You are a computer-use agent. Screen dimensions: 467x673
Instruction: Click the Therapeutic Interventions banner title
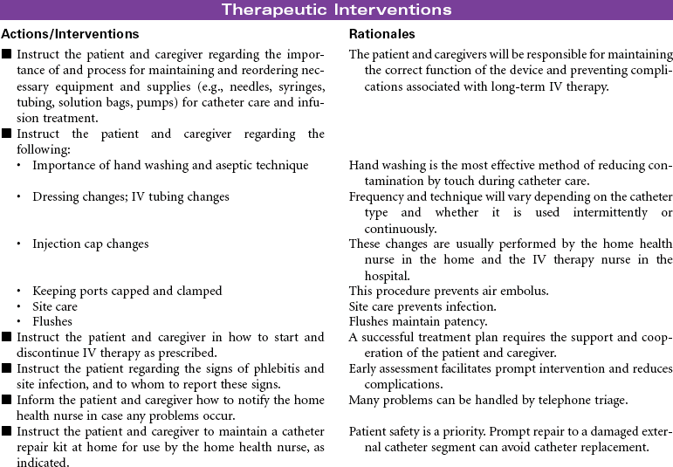[336, 10]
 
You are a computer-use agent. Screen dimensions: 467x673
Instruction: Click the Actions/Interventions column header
[70, 34]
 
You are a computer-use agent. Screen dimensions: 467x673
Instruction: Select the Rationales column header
[381, 34]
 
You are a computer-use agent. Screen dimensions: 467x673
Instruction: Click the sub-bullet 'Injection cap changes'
[91, 244]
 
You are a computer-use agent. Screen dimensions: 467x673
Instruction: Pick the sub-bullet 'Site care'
[55, 306]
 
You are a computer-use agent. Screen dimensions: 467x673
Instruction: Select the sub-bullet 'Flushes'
[52, 321]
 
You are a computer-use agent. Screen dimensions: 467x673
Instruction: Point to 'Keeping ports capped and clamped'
[127, 291]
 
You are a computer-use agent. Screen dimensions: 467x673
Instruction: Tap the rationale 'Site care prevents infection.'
[422, 306]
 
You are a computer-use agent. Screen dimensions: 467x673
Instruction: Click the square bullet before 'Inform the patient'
[7, 400]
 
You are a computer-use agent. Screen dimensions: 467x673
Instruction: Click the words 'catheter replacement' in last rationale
[592, 447]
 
